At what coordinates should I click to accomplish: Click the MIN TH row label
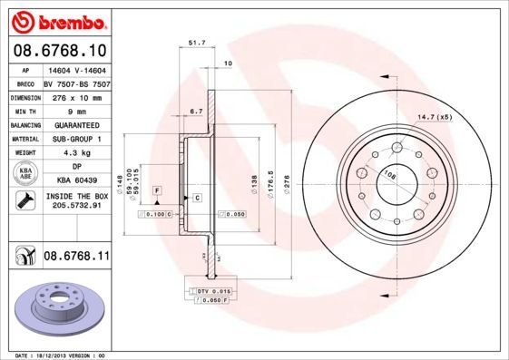pyautogui.click(x=23, y=110)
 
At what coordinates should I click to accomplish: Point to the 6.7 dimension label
pyautogui.click(x=195, y=111)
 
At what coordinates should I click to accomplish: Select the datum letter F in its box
pyautogui.click(x=156, y=189)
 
